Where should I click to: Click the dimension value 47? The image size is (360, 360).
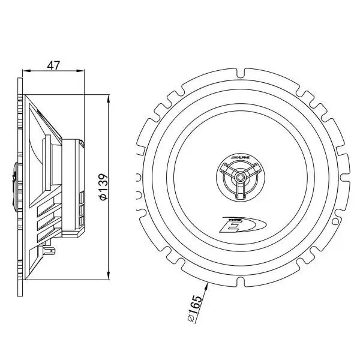54,65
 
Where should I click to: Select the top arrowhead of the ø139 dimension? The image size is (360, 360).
107,97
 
